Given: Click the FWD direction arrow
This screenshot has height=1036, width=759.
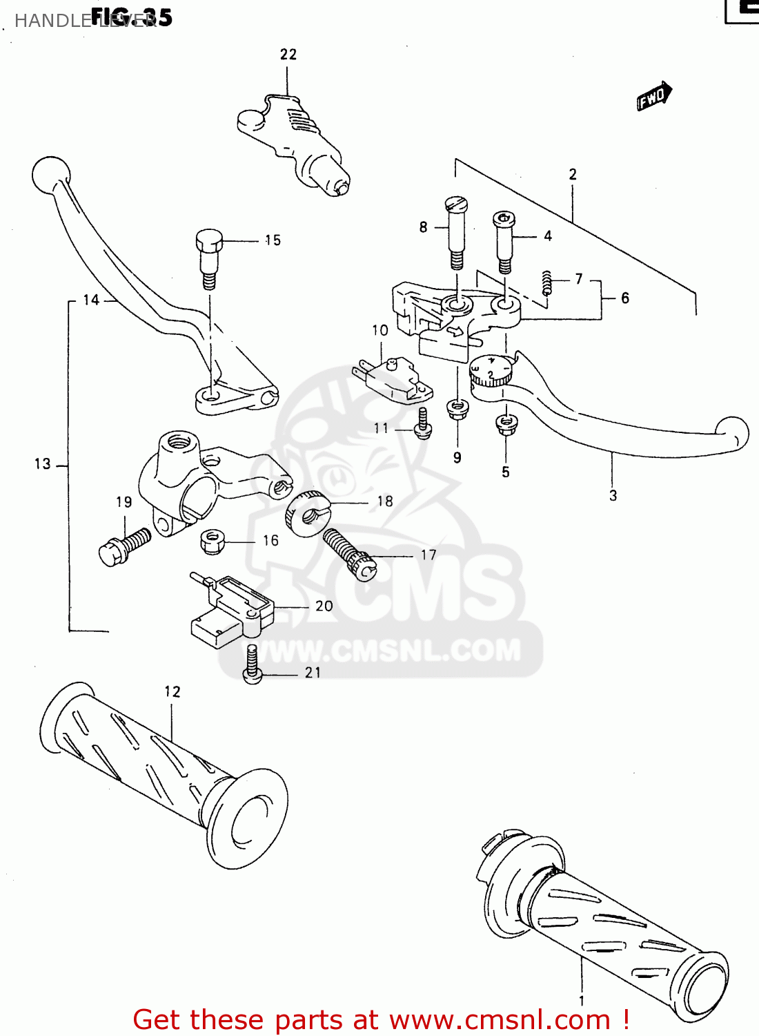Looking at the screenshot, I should (653, 97).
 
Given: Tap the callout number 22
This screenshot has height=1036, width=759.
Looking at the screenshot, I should (288, 55).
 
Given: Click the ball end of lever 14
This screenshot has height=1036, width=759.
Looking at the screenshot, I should (50, 175).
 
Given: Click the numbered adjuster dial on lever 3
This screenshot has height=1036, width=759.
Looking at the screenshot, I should (491, 372).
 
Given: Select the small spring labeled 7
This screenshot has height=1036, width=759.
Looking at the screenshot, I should (546, 282).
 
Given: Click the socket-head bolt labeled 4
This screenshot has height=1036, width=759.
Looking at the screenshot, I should (504, 242).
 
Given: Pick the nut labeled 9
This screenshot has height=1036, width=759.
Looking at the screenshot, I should (457, 409).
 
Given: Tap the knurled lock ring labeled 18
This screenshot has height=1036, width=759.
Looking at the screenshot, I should (306, 512).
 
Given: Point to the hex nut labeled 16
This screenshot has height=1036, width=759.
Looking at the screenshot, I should (213, 541).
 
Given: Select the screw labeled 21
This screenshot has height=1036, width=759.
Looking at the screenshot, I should (253, 665).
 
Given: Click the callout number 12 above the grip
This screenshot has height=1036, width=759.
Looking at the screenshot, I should (172, 691).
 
